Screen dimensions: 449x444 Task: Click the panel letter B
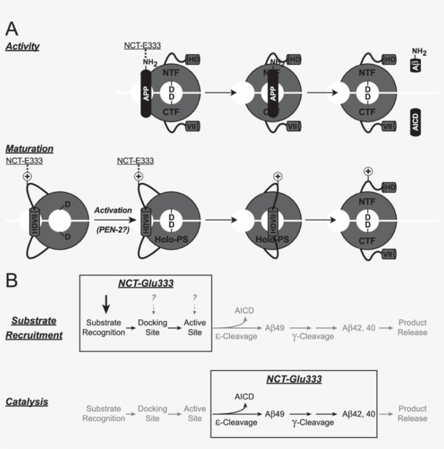(x=13, y=280)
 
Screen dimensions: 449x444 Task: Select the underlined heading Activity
(x=22, y=47)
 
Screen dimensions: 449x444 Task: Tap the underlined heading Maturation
(x=29, y=148)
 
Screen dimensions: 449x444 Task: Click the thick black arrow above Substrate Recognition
(x=107, y=305)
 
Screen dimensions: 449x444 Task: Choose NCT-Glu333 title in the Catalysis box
(x=293, y=379)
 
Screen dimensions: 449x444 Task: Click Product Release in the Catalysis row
(x=413, y=413)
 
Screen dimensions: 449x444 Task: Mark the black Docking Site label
(x=153, y=327)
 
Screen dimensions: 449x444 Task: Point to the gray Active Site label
(x=194, y=413)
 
